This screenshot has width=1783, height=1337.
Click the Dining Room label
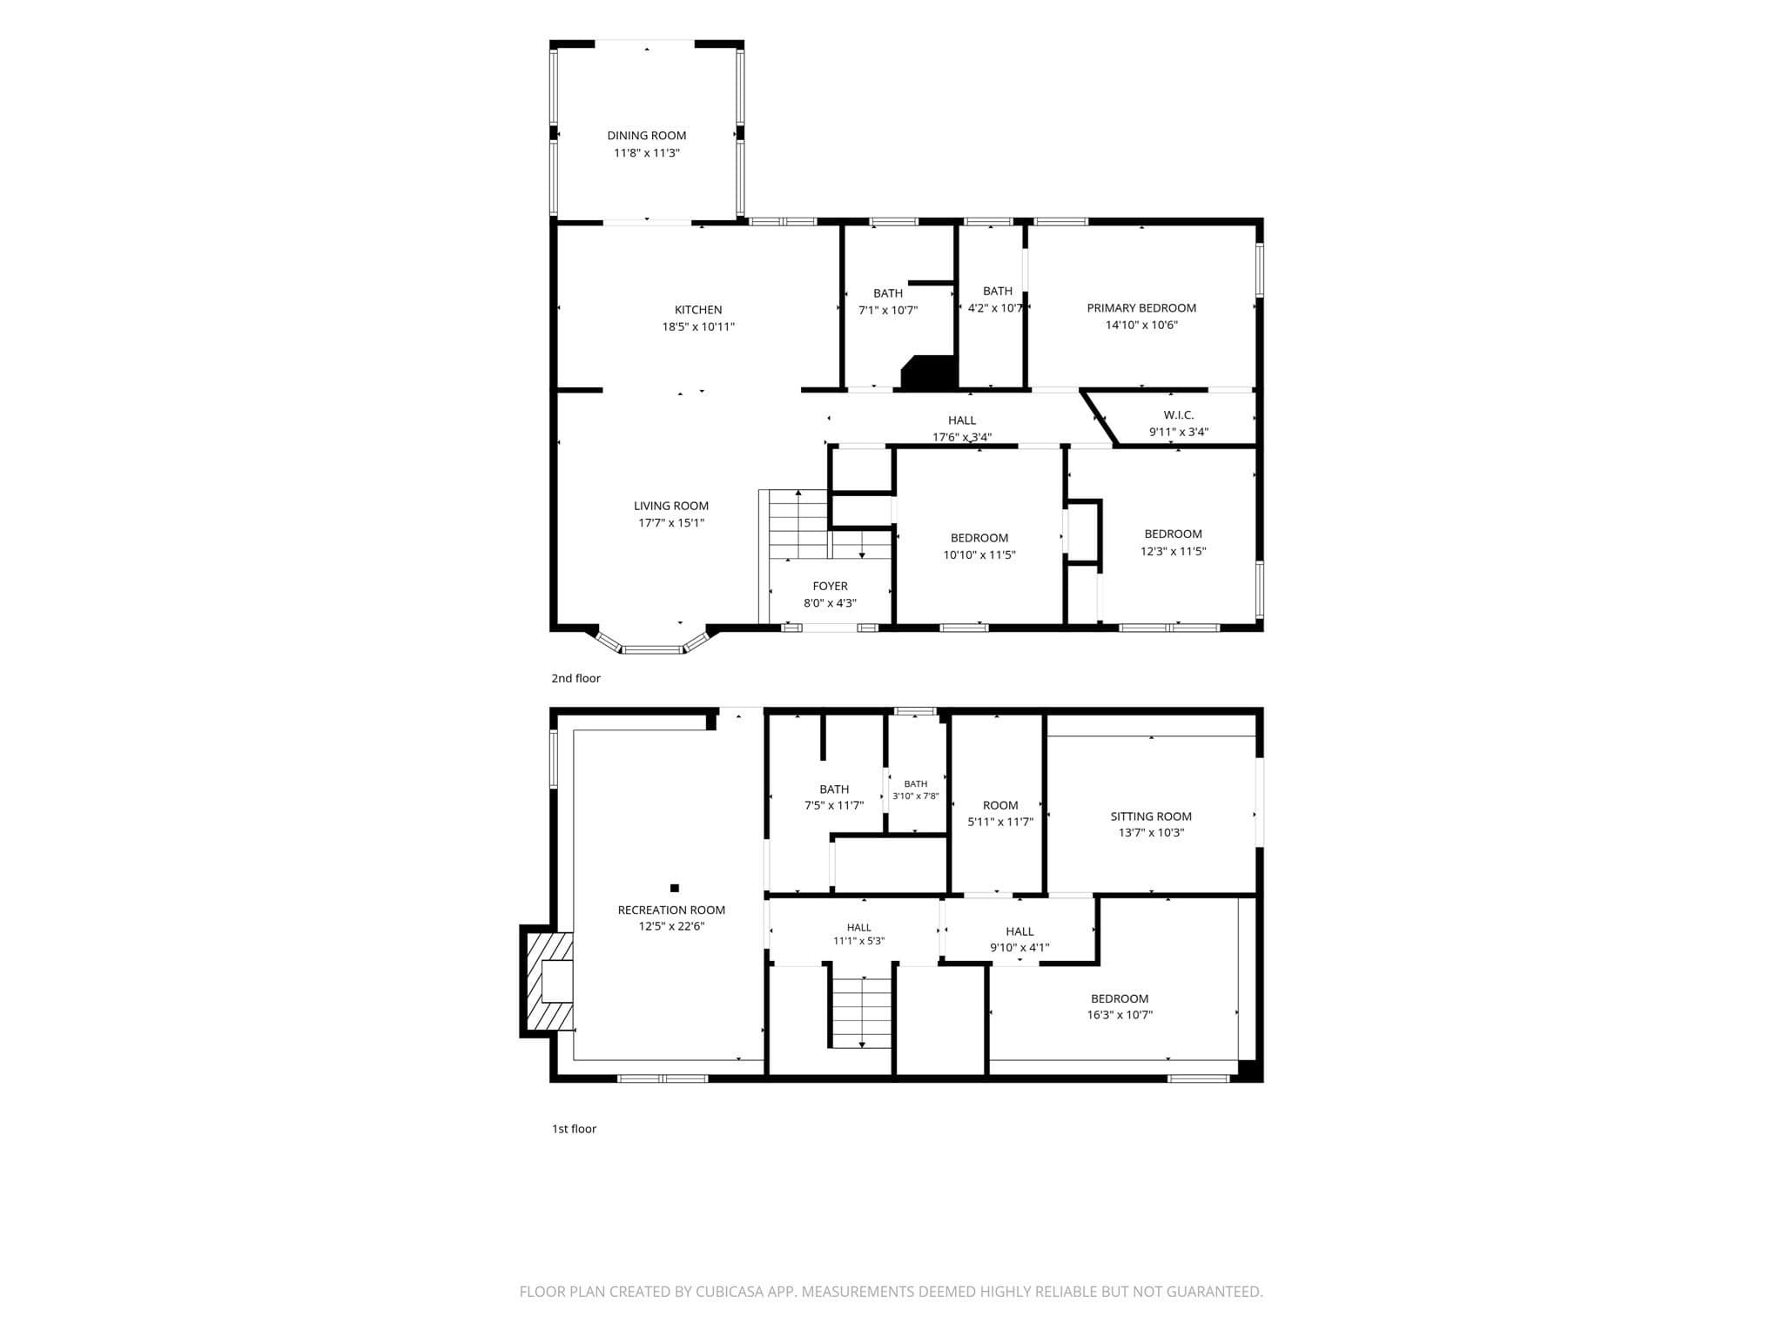coord(647,136)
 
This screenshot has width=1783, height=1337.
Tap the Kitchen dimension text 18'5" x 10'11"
coord(698,327)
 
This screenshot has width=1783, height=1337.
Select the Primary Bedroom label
coord(1141,308)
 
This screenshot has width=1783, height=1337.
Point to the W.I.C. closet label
coord(1179,415)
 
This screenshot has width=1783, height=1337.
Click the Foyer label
coord(831,587)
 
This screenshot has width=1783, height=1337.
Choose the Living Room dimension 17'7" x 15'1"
coord(671,523)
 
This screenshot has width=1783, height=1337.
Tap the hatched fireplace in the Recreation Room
coord(548,981)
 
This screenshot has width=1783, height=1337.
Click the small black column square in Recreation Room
coord(675,888)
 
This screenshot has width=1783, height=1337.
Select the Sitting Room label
coord(1151,816)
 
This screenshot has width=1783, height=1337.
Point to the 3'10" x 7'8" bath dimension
coord(916,796)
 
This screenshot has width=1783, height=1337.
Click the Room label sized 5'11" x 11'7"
coord(1000,806)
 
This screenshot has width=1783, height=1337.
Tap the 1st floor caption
coord(574,1129)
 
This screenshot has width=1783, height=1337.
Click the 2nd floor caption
coord(575,678)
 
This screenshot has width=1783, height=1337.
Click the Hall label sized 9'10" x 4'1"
coord(1019,931)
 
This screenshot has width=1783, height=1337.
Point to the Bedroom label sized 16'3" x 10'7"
coord(1120,998)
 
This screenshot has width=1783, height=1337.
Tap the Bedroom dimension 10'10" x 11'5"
coord(979,555)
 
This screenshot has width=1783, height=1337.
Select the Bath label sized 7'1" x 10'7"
coord(888,293)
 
